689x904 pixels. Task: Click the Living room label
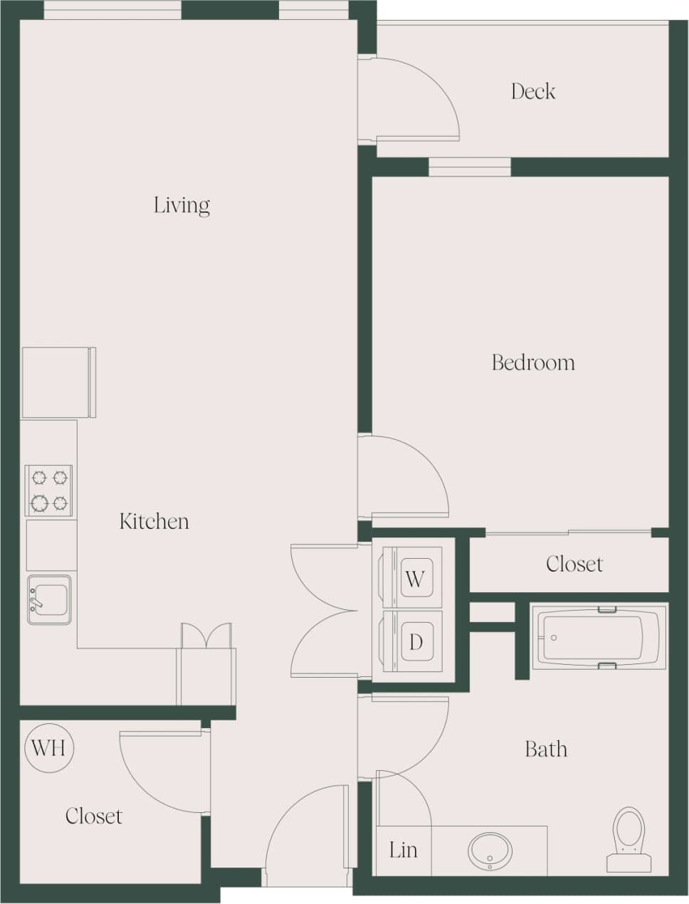182,206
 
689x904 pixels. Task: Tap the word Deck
532,91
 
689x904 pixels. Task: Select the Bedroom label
533,362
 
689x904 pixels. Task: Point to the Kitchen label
154,521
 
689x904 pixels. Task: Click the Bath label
546,749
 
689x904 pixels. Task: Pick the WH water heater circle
49,747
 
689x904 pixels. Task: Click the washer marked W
416,577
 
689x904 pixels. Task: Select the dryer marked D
416,642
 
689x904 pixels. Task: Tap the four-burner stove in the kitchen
49,490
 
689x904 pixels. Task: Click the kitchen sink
49,599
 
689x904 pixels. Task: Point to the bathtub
599,637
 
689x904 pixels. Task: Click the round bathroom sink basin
490,849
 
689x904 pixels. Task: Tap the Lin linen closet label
403,850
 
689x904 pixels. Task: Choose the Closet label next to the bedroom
574,564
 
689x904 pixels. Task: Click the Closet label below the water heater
93,816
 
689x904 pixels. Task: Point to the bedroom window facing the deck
470,167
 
